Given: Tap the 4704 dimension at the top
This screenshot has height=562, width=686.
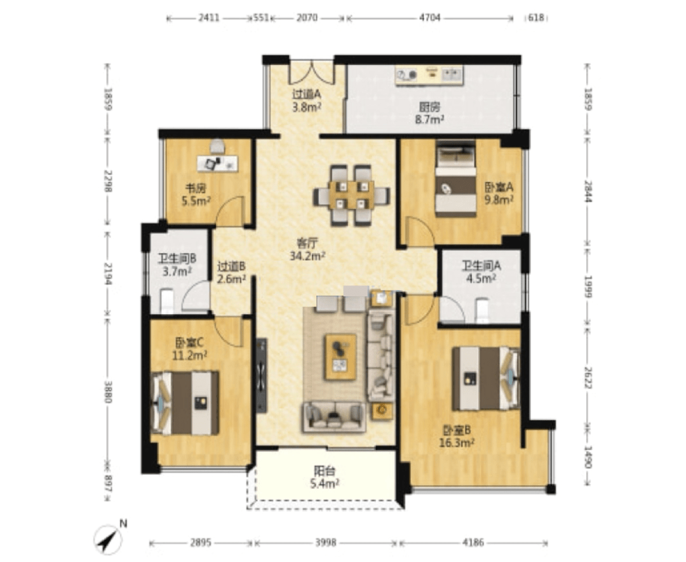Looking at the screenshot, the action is coord(429,18).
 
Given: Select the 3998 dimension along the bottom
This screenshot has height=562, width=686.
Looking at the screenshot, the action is coord(325,543).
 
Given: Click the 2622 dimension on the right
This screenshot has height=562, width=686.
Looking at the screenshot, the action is coord(588,377).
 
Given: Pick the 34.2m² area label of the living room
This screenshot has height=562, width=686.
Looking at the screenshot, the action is coord(307,256).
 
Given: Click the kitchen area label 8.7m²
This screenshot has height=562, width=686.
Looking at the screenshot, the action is coord(429,119).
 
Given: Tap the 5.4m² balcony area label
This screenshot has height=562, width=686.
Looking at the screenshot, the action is coord(325,483).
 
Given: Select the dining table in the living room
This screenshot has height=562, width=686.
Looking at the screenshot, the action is coord(351,195).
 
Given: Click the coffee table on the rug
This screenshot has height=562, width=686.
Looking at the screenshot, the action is coord(340,357).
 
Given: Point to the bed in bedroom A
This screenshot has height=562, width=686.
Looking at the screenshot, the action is coord(455,179).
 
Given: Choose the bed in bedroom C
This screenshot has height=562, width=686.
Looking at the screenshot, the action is coord(185,403).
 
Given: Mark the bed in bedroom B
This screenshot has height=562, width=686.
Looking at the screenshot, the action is coord(486,378).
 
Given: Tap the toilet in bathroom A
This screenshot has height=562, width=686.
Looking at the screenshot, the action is coord(481,310).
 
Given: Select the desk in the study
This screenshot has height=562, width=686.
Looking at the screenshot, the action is coord(217,163).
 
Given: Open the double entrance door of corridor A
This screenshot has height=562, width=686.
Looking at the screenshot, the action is coord(311,72).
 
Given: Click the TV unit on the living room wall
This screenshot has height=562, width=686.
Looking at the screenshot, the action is coord(261,375).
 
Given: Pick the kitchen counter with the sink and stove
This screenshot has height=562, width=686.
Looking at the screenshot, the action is coord(429,75).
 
